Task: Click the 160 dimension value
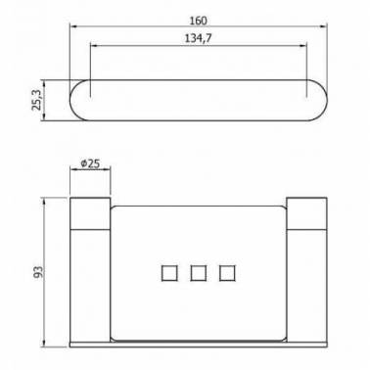click(x=198, y=21)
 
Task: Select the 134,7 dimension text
click(x=199, y=38)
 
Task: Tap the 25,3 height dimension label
click(x=36, y=100)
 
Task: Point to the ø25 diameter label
click(x=90, y=163)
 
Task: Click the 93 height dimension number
click(x=38, y=272)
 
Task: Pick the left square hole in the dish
click(x=169, y=273)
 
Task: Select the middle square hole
click(x=199, y=273)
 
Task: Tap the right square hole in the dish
click(x=227, y=273)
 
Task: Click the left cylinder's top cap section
click(x=90, y=213)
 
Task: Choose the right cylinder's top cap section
click(x=306, y=213)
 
